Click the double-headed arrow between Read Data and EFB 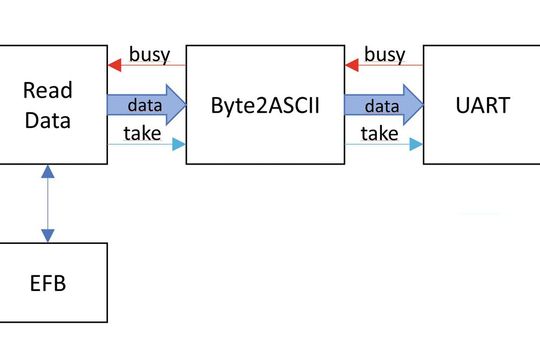point(45,204)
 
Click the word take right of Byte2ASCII point(379,132)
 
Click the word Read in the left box point(48,91)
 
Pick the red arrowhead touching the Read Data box point(115,65)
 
